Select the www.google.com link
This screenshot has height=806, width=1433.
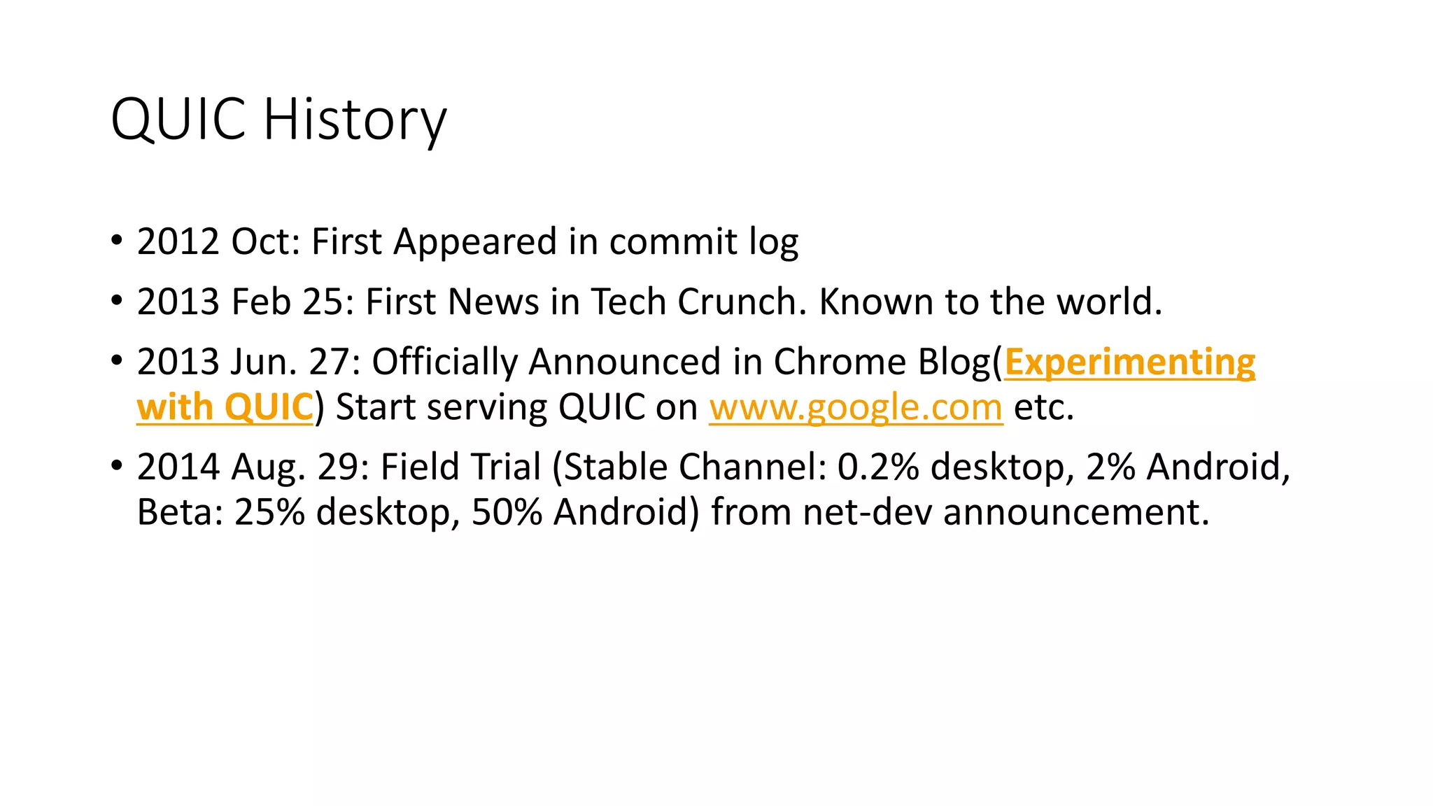click(x=856, y=407)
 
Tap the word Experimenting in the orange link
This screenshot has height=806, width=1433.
click(x=1129, y=362)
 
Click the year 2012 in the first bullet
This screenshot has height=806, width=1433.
click(x=178, y=242)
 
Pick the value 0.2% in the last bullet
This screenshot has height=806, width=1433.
click(x=877, y=467)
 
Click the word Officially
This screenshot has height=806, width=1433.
click(x=444, y=362)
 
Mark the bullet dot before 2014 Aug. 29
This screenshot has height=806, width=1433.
click(x=116, y=465)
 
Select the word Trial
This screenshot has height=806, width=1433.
click(x=509, y=467)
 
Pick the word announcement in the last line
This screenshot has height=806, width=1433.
click(x=1075, y=512)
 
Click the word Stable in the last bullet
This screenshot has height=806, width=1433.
click(x=615, y=467)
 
